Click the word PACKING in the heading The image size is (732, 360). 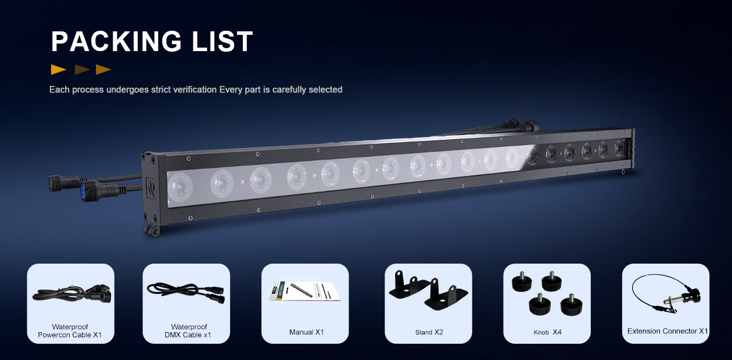pyautogui.click(x=116, y=41)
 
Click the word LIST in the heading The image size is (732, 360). pyautogui.click(x=222, y=41)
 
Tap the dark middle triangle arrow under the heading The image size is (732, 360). pyautogui.click(x=82, y=70)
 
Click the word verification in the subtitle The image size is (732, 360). pyautogui.click(x=195, y=89)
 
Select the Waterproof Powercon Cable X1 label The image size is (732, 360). pyautogui.click(x=70, y=330)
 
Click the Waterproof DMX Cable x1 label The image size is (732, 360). pyautogui.click(x=188, y=330)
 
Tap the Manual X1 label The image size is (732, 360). pyautogui.click(x=307, y=332)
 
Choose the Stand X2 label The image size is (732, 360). pyautogui.click(x=429, y=332)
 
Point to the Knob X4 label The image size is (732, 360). pyautogui.click(x=547, y=332)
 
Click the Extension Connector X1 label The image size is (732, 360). pyautogui.click(x=668, y=331)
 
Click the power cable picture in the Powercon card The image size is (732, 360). pyautogui.click(x=71, y=293)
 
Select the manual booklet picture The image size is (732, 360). pyautogui.click(x=304, y=291)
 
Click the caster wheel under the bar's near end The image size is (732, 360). pyautogui.click(x=152, y=230)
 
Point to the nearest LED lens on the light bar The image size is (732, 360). pyautogui.click(x=180, y=186)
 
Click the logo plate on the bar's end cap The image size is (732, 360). pyautogui.click(x=150, y=188)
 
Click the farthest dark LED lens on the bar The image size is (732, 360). pyautogui.click(x=619, y=148)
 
